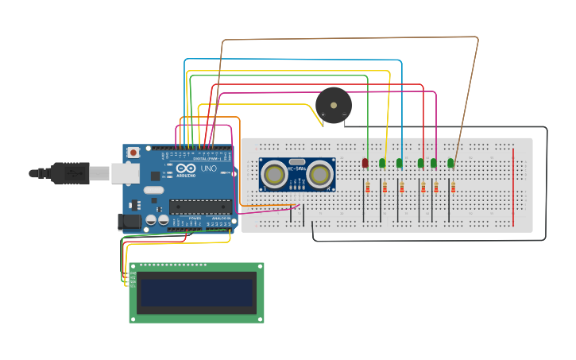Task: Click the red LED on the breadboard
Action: [x=365, y=163]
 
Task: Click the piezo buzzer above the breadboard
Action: [x=333, y=105]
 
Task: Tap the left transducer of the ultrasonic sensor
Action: [x=275, y=174]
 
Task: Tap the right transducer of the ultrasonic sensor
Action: [x=320, y=174]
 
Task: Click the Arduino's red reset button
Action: [x=133, y=152]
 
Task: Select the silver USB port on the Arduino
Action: [x=125, y=173]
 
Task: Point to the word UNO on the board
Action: [x=207, y=169]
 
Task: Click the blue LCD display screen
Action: [x=196, y=293]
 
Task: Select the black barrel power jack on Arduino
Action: [x=129, y=222]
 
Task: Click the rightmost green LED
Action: [x=450, y=163]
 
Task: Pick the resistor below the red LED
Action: [x=366, y=188]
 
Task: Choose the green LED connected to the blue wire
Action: [x=400, y=163]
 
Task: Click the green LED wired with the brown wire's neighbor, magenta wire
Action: [x=434, y=163]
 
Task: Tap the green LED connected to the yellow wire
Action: [x=383, y=163]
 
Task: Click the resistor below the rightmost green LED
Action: [x=453, y=188]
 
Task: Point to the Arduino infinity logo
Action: [x=186, y=169]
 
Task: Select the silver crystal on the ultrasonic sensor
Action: [x=297, y=161]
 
